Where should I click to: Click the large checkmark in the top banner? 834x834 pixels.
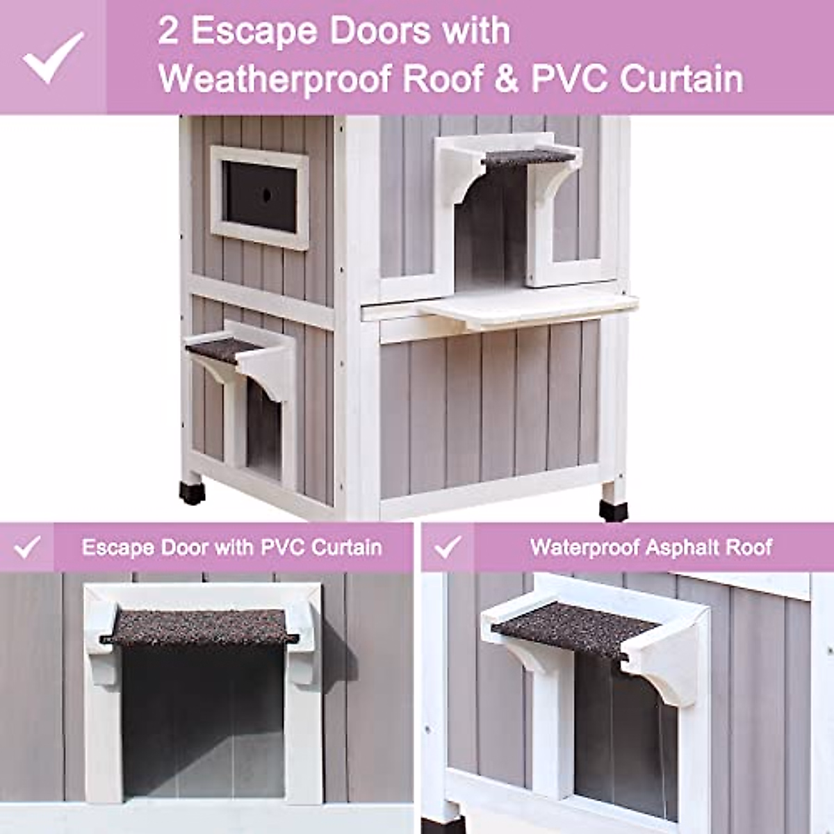click(54, 58)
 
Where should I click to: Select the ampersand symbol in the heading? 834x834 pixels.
click(506, 79)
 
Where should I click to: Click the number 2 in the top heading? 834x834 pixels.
click(168, 31)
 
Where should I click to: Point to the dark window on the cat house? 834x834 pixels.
click(260, 197)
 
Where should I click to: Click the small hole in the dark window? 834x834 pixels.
click(266, 197)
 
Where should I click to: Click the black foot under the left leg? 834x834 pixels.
click(193, 493)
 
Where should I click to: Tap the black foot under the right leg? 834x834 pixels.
click(613, 509)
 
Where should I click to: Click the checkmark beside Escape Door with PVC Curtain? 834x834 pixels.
click(27, 547)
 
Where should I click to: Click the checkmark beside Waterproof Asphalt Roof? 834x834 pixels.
click(448, 547)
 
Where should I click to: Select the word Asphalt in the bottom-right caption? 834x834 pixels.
click(684, 548)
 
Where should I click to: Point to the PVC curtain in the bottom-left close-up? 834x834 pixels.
click(202, 723)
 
